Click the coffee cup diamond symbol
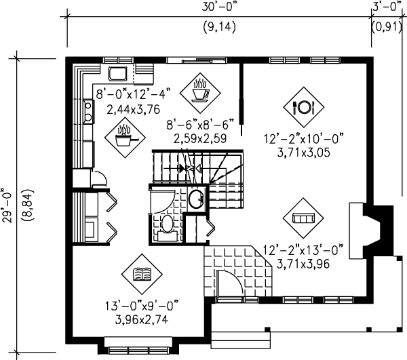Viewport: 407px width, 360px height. coord(201,90)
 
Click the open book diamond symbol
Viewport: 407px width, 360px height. coord(142,274)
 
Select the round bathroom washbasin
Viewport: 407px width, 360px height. coord(195,199)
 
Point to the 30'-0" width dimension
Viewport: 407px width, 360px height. coord(220,8)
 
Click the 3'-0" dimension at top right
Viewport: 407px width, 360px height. coord(385,8)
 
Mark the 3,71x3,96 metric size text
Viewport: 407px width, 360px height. coord(303,264)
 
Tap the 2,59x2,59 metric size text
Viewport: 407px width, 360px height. coord(199,138)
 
